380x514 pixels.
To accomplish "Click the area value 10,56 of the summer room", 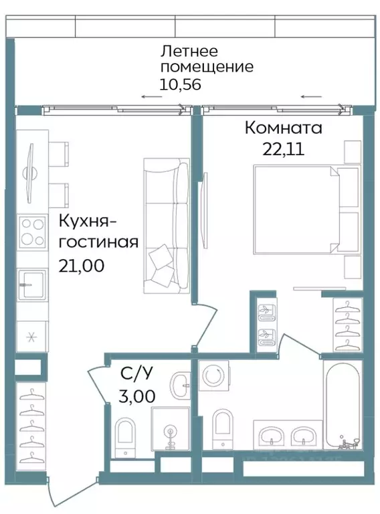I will (180, 84).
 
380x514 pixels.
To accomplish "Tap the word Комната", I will (283, 127).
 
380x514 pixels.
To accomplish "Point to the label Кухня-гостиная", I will (98, 231).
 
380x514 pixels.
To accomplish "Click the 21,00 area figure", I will (81, 266).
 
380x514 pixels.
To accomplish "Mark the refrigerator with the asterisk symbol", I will (31, 337).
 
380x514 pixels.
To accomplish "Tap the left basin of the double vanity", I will (272, 436).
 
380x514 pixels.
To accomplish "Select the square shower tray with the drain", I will (171, 432).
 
